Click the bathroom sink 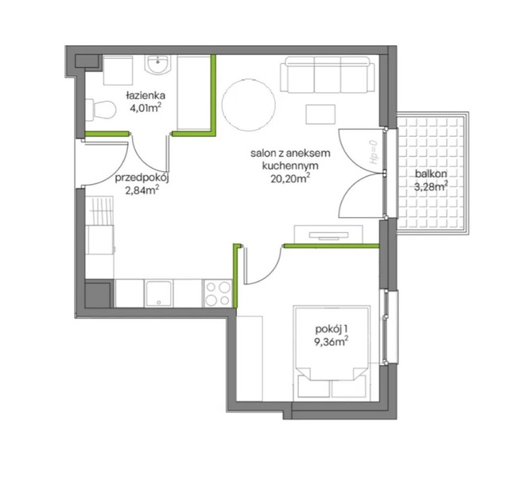pyautogui.click(x=157, y=65)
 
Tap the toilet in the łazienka pyautogui.click(x=101, y=110)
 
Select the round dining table pyautogui.click(x=249, y=105)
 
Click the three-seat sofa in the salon pyautogui.click(x=328, y=75)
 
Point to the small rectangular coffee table pyautogui.click(x=320, y=114)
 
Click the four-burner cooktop pyautogui.click(x=218, y=293)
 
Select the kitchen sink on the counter pyautogui.click(x=158, y=293)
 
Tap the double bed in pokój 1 pyautogui.click(x=332, y=353)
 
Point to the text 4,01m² pyautogui.click(x=145, y=108)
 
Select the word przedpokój pyautogui.click(x=142, y=178)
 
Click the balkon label pyautogui.click(x=431, y=173)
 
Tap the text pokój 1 pyautogui.click(x=332, y=329)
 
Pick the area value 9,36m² pyautogui.click(x=332, y=342)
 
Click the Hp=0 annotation pyautogui.click(x=374, y=153)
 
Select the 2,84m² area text pyautogui.click(x=142, y=191)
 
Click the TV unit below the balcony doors pyautogui.click(x=328, y=235)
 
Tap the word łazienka pyautogui.click(x=145, y=95)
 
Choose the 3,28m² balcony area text pyautogui.click(x=431, y=186)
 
